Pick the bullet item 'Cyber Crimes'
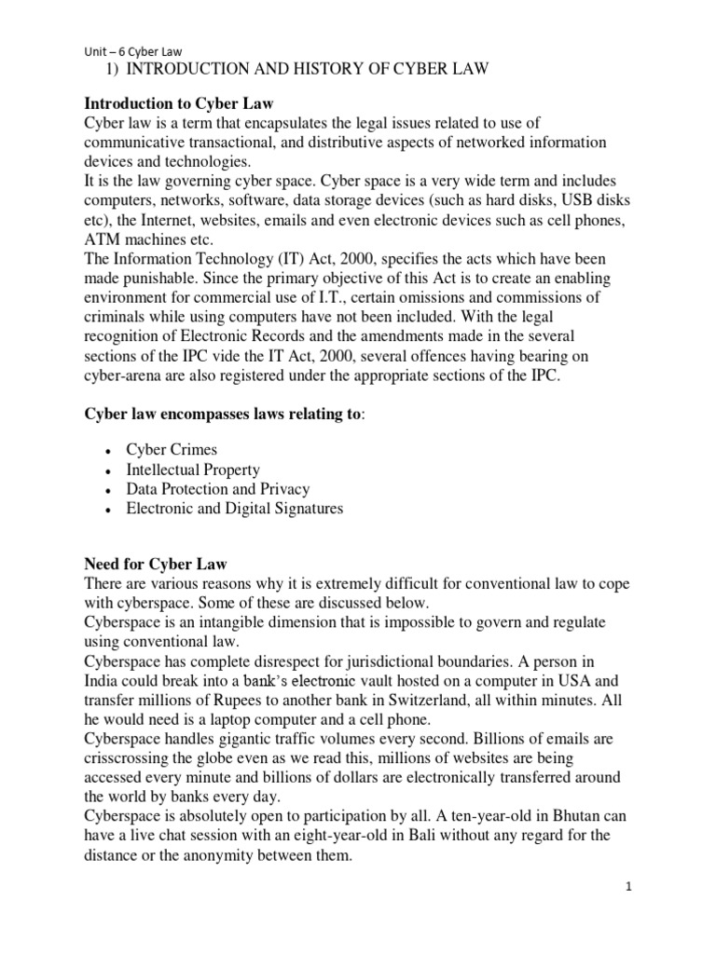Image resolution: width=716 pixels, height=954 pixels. click(x=172, y=450)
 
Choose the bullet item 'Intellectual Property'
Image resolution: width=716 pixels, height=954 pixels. click(x=193, y=470)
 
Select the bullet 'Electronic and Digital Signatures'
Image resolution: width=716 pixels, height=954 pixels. click(x=235, y=509)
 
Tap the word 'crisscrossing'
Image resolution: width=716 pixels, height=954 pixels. click(x=131, y=758)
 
